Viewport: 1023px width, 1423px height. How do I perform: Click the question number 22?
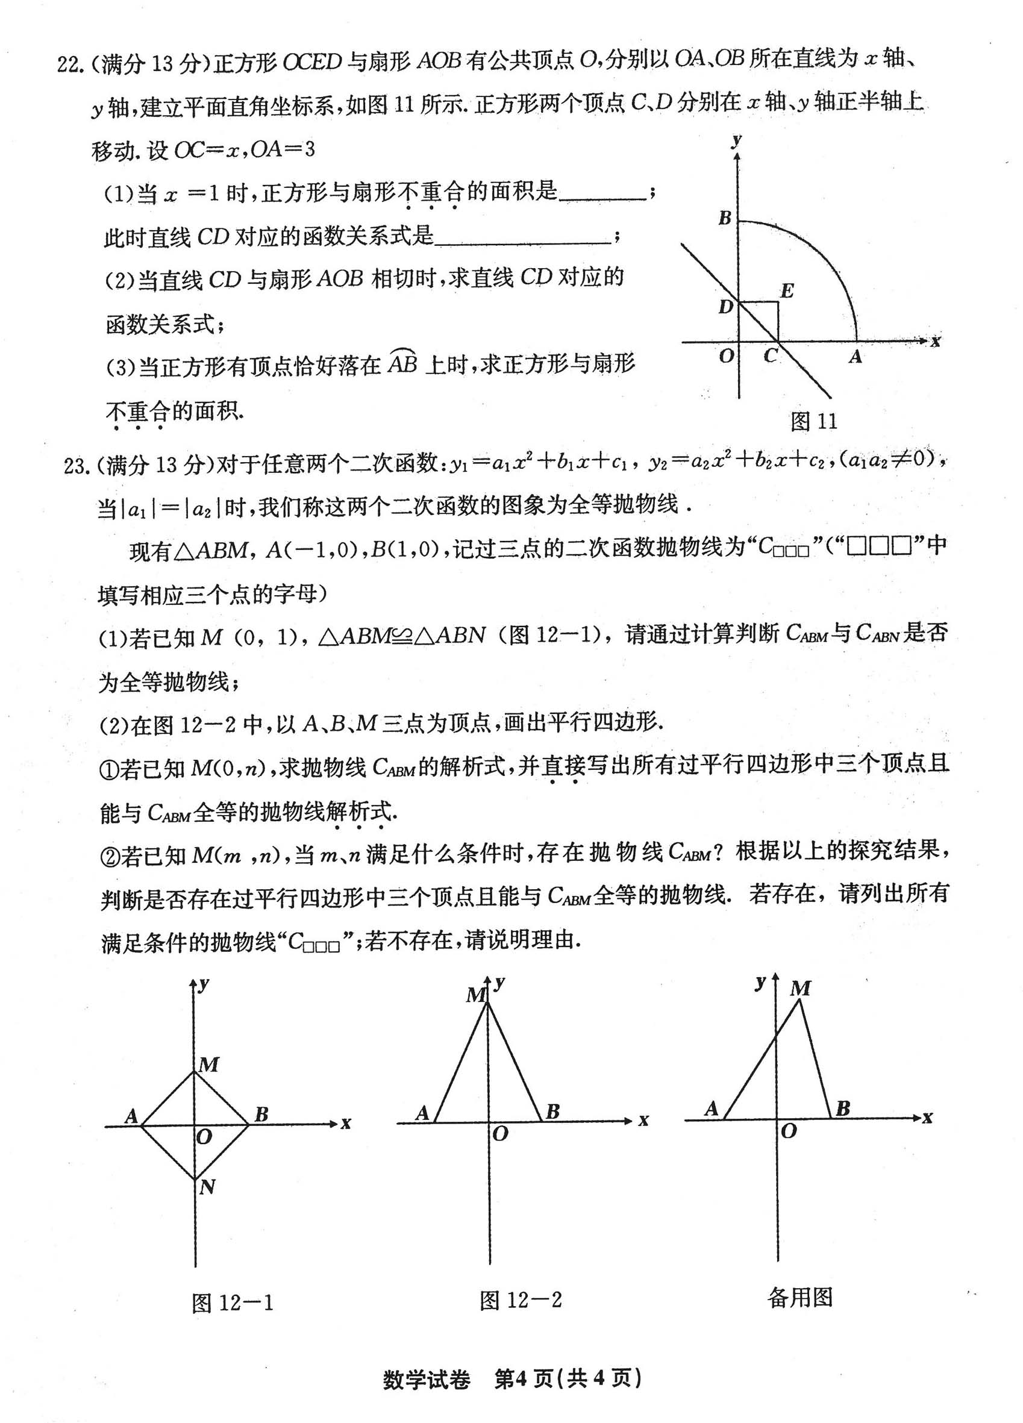70,63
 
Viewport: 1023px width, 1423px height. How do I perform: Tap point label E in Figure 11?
786,291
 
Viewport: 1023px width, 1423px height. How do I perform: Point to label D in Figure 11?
725,307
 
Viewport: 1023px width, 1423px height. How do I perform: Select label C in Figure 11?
770,357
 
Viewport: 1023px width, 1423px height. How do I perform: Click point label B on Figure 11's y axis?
725,217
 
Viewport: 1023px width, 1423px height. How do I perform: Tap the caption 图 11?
813,421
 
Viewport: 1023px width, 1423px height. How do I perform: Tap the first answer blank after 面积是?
603,195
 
